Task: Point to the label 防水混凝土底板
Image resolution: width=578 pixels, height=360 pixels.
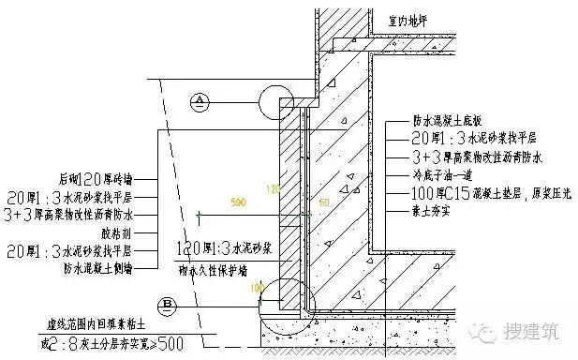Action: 449,121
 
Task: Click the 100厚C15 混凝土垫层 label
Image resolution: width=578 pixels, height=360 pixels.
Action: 479,193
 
